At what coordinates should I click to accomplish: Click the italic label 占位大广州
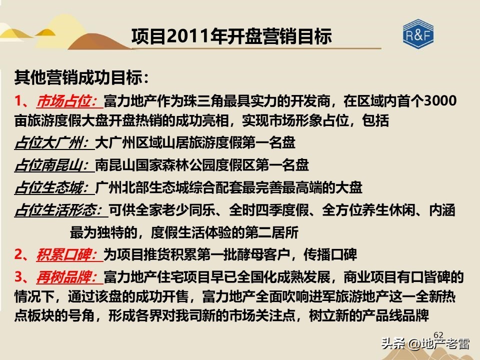click(52, 143)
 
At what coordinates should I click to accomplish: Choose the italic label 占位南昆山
click(52, 165)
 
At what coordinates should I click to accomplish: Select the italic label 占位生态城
click(52, 187)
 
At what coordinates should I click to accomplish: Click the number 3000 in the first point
click(439, 101)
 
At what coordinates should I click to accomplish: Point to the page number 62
click(438, 334)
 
